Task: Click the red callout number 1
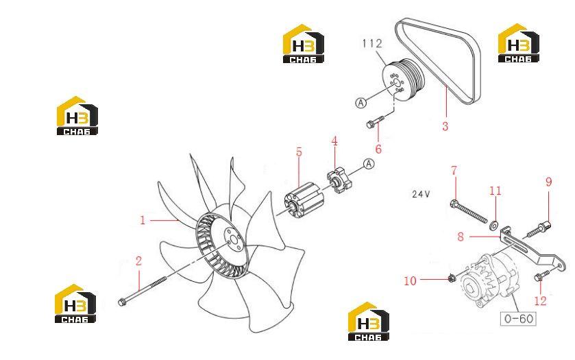[x=143, y=220]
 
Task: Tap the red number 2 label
[x=138, y=261]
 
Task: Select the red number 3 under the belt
[x=445, y=126]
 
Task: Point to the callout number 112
[x=372, y=43]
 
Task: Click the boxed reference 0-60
[x=519, y=318]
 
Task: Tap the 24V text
[x=421, y=194]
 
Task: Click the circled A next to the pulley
[x=361, y=103]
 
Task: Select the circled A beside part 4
[x=369, y=164]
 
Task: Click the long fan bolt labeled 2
[x=142, y=290]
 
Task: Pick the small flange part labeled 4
[x=339, y=180]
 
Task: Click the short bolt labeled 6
[x=375, y=122]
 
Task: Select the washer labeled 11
[x=493, y=224]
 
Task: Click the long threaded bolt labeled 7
[x=469, y=211]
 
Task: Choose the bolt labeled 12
[x=542, y=275]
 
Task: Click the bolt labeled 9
[x=539, y=228]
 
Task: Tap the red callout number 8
[x=461, y=237]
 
